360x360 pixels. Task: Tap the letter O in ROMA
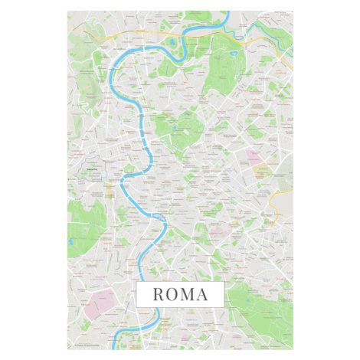(x=173, y=293)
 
